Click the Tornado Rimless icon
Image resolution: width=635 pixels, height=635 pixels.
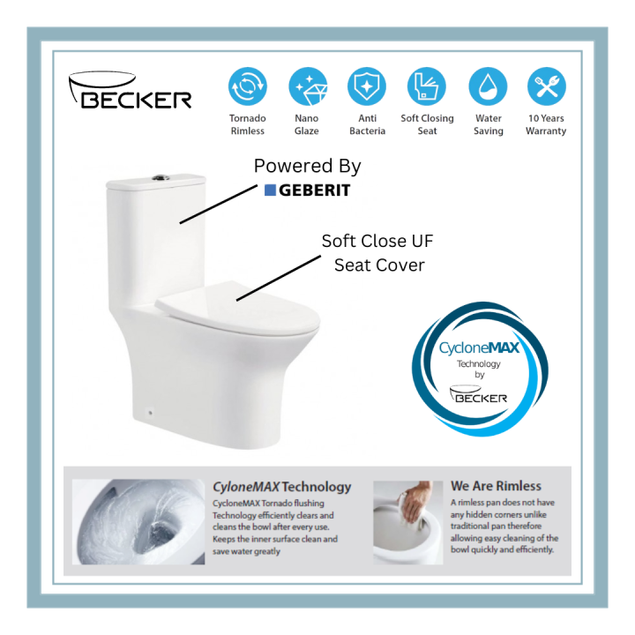[x=247, y=86]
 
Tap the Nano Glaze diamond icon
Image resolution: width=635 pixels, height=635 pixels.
[x=308, y=86]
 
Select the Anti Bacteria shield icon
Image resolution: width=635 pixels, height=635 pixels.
[x=367, y=86]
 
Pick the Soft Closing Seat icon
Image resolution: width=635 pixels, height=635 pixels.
[x=427, y=86]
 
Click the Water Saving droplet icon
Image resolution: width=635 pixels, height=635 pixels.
[x=488, y=86]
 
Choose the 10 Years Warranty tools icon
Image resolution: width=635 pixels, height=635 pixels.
[x=546, y=86]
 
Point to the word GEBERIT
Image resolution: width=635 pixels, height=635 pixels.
[x=315, y=190]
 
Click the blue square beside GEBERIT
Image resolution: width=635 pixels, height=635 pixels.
[x=271, y=190]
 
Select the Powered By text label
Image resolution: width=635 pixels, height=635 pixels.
[x=307, y=166]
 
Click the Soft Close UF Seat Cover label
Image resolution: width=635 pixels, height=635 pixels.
[x=377, y=252]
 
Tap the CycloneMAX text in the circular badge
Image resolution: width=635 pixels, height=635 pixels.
[x=479, y=348]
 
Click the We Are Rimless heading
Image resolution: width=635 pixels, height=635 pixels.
[x=496, y=486]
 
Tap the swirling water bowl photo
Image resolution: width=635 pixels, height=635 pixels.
[x=138, y=521]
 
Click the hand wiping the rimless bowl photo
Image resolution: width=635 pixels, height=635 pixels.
[x=407, y=521]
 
